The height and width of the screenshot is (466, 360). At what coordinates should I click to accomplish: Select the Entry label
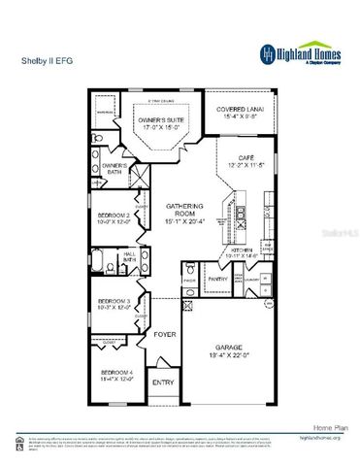click(162, 383)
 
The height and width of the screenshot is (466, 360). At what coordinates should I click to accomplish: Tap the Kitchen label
click(243, 250)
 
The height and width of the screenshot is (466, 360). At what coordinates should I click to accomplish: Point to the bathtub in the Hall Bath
click(104, 259)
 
